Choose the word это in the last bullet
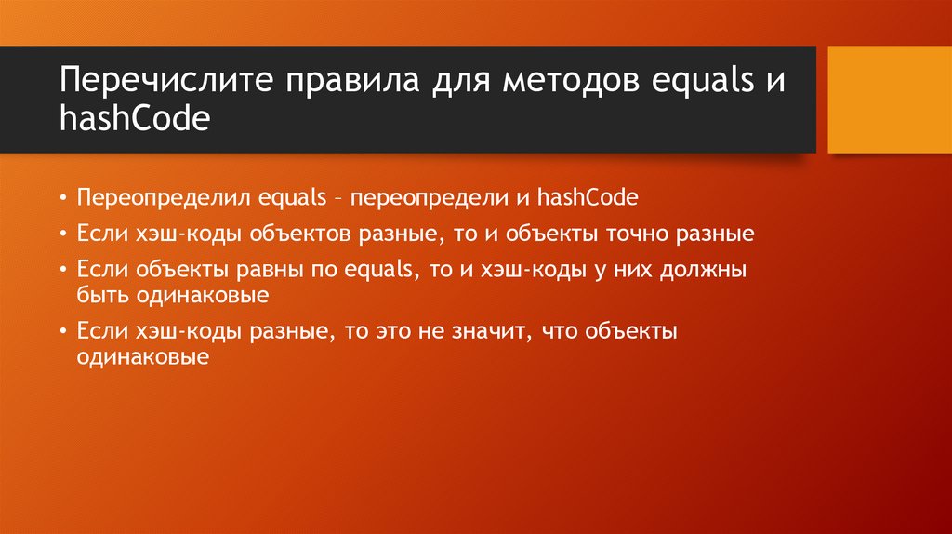393,332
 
